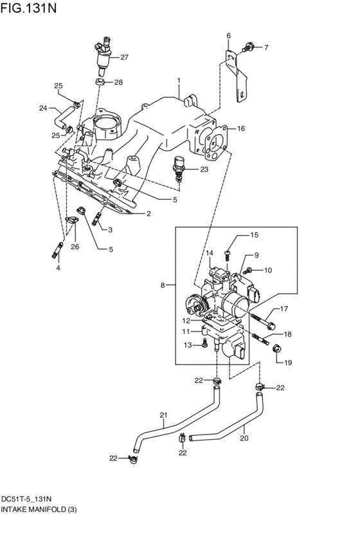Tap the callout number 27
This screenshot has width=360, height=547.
tap(124, 57)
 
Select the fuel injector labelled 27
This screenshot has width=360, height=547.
tap(103, 55)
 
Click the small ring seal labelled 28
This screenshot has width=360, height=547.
tap(100, 82)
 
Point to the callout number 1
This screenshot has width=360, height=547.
tap(179, 80)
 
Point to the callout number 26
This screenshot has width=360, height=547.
tap(75, 246)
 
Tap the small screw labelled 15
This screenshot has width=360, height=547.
tap(227, 249)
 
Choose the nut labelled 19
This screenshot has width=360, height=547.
tap(277, 348)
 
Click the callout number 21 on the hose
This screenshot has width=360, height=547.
tap(163, 415)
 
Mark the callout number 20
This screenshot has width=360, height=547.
tap(244, 439)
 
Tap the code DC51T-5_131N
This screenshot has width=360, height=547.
tap(26, 499)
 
